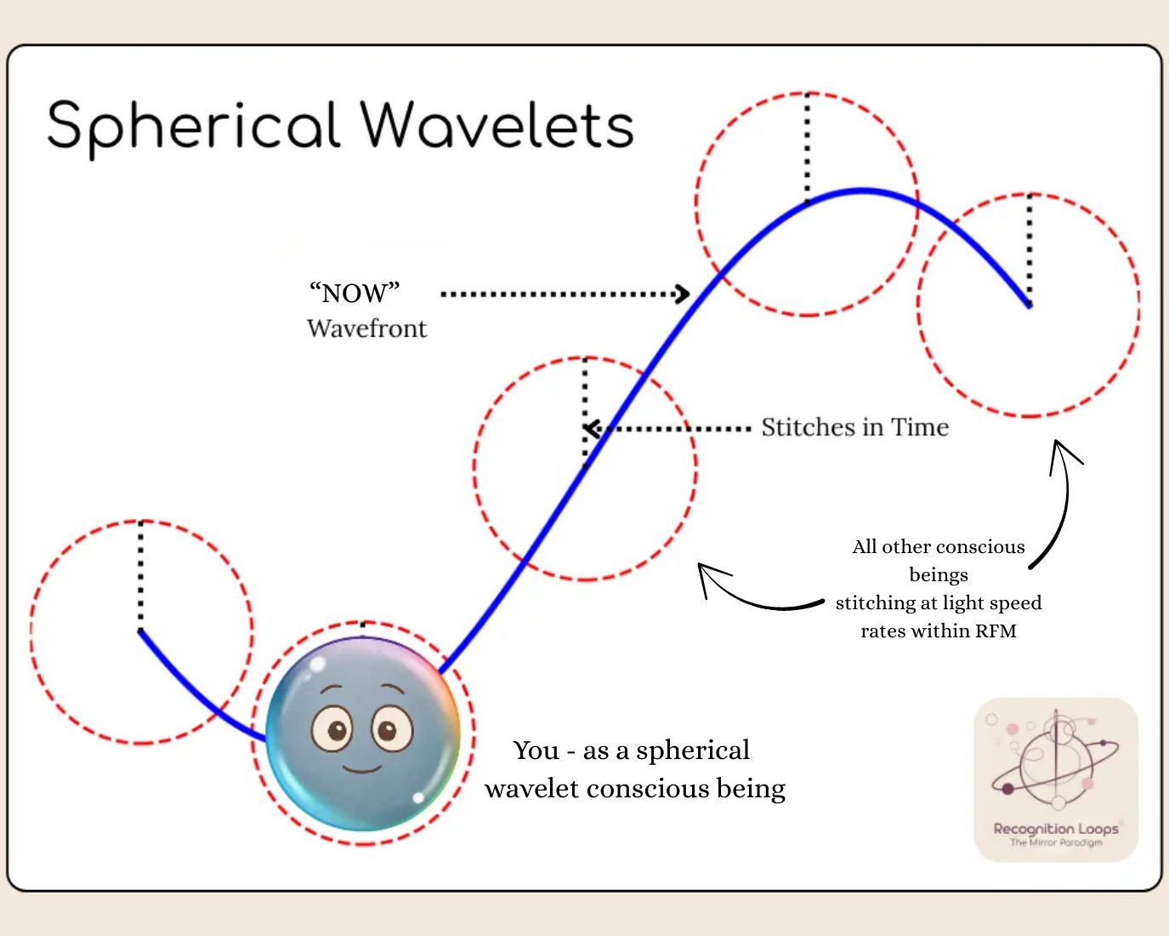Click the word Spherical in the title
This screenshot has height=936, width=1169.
194,126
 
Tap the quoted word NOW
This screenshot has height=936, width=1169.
355,293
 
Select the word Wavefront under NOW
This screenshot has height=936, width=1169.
366,328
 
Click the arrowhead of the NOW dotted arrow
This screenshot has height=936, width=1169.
683,294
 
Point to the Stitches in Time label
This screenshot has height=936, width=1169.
854,427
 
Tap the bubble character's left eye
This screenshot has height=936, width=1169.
332,729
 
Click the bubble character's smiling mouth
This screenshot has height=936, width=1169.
362,769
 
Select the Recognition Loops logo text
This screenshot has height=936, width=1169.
1056,829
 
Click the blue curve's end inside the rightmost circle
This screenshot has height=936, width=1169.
1029,305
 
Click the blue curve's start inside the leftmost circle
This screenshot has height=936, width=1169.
141,631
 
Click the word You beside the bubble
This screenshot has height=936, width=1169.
536,751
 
